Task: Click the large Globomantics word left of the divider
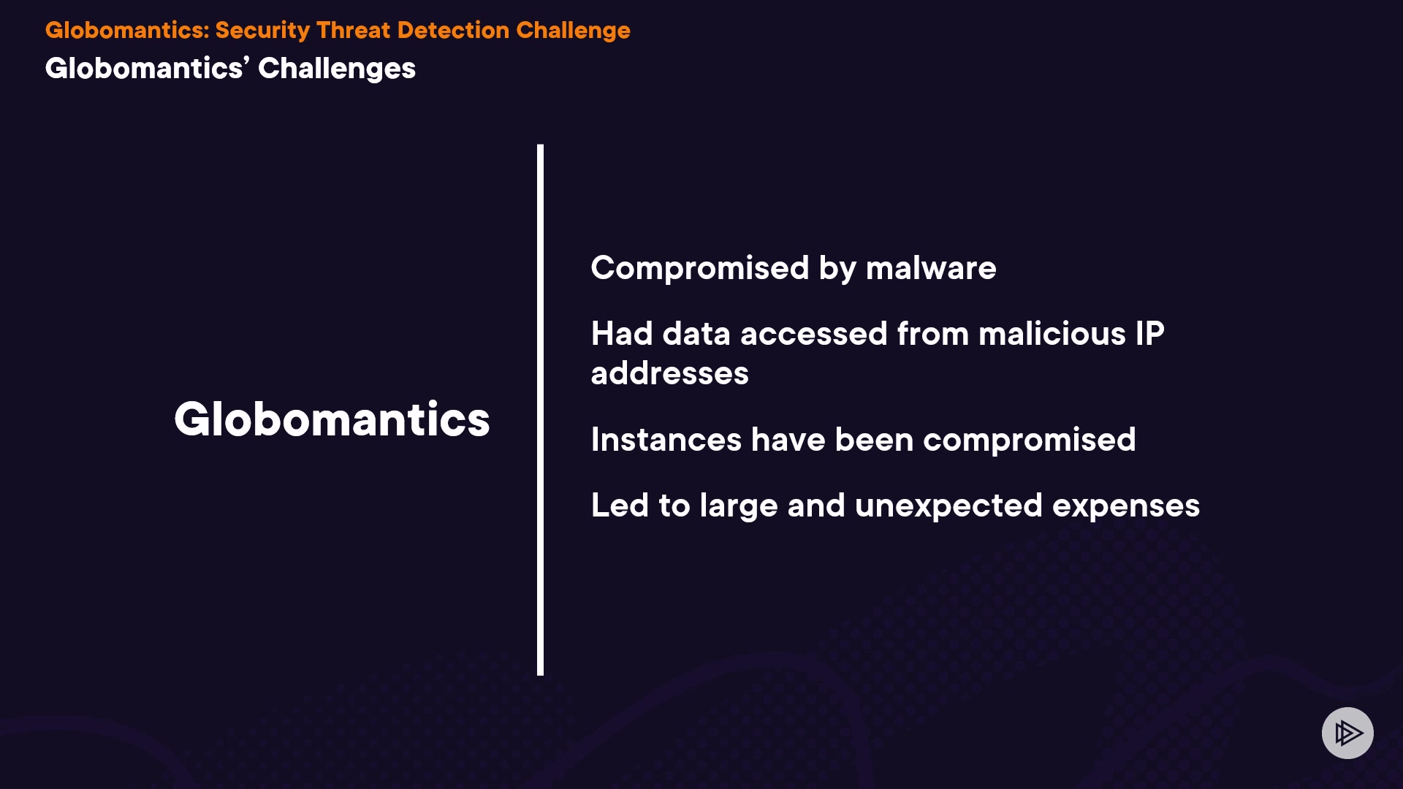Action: [332, 419]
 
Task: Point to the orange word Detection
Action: [453, 30]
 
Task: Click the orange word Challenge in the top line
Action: [573, 31]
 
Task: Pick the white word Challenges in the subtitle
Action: [337, 69]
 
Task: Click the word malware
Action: [931, 268]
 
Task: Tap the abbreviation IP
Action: [1149, 334]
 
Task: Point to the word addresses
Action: [669, 373]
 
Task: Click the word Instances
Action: [666, 440]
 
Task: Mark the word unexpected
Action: [948, 506]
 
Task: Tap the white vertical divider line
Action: [540, 410]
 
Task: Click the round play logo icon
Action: [1347, 733]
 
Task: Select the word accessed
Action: [814, 334]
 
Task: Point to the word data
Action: [696, 334]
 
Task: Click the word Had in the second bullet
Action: [622, 334]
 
